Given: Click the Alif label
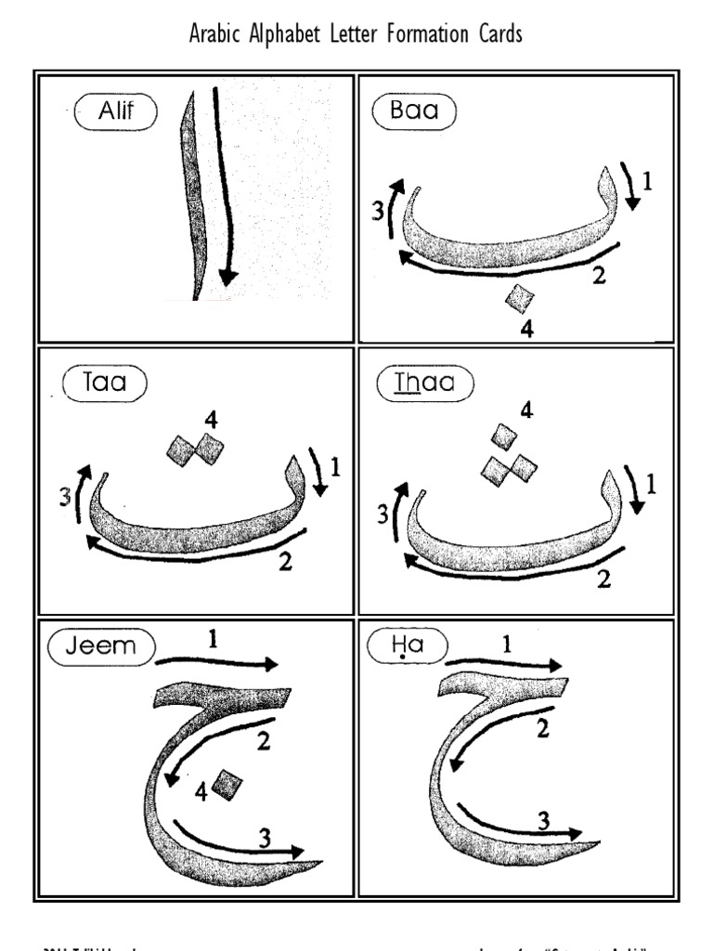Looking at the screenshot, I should click(117, 113).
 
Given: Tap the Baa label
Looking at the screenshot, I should click(415, 113).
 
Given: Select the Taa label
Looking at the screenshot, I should click(103, 383).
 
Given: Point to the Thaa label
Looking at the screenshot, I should click(423, 383).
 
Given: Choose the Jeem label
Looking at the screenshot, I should click(100, 646).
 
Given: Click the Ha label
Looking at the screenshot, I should click(407, 646).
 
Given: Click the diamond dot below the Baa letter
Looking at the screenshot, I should click(520, 299).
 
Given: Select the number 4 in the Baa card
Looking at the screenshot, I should click(526, 329).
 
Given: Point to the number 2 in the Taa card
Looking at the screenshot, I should click(286, 560).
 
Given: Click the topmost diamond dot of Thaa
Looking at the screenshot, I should click(504, 436).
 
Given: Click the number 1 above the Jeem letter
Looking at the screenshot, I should click(214, 640).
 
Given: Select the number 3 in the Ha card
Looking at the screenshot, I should click(544, 819).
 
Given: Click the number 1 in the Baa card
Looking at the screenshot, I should click(647, 182).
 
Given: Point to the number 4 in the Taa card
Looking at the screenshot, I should click(211, 420).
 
